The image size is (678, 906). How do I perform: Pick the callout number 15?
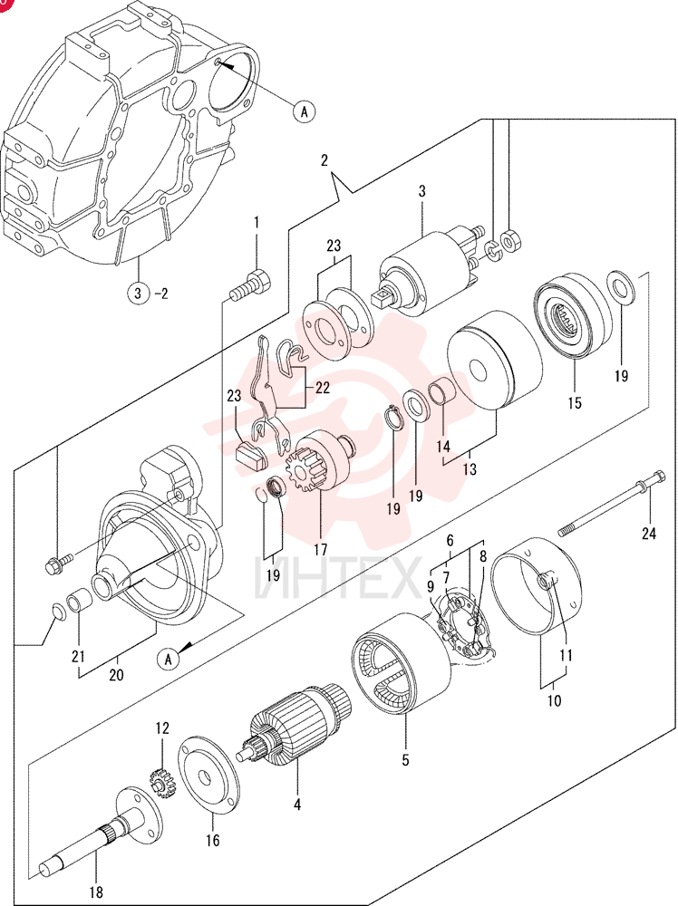(x=575, y=403)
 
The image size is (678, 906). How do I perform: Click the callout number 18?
(x=96, y=893)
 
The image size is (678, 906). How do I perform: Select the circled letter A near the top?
(x=305, y=111)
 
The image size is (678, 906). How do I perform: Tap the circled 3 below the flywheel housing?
(x=138, y=293)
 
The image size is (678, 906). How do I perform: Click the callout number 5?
(x=405, y=760)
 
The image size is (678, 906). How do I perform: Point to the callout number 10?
(x=554, y=701)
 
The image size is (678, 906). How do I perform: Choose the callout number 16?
(x=213, y=840)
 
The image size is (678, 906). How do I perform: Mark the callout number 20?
(x=116, y=674)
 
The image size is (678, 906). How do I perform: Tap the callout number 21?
(x=78, y=656)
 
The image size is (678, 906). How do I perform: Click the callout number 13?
(x=470, y=468)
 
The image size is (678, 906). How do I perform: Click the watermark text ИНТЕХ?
(x=338, y=576)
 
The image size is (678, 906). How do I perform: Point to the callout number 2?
(x=324, y=160)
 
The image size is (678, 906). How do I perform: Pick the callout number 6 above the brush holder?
(x=450, y=541)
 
